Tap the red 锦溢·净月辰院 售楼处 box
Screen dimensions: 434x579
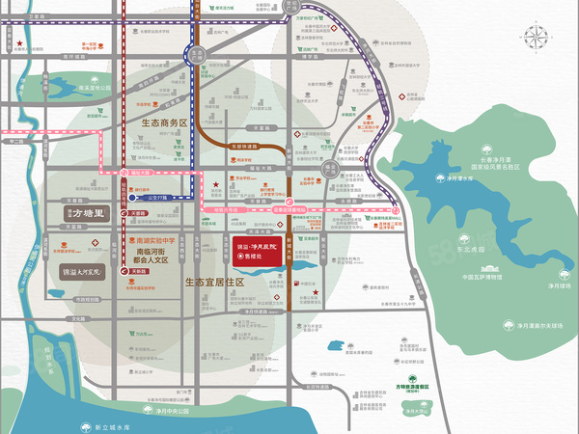pos(258,248)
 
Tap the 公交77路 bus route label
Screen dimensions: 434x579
pos(160,195)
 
